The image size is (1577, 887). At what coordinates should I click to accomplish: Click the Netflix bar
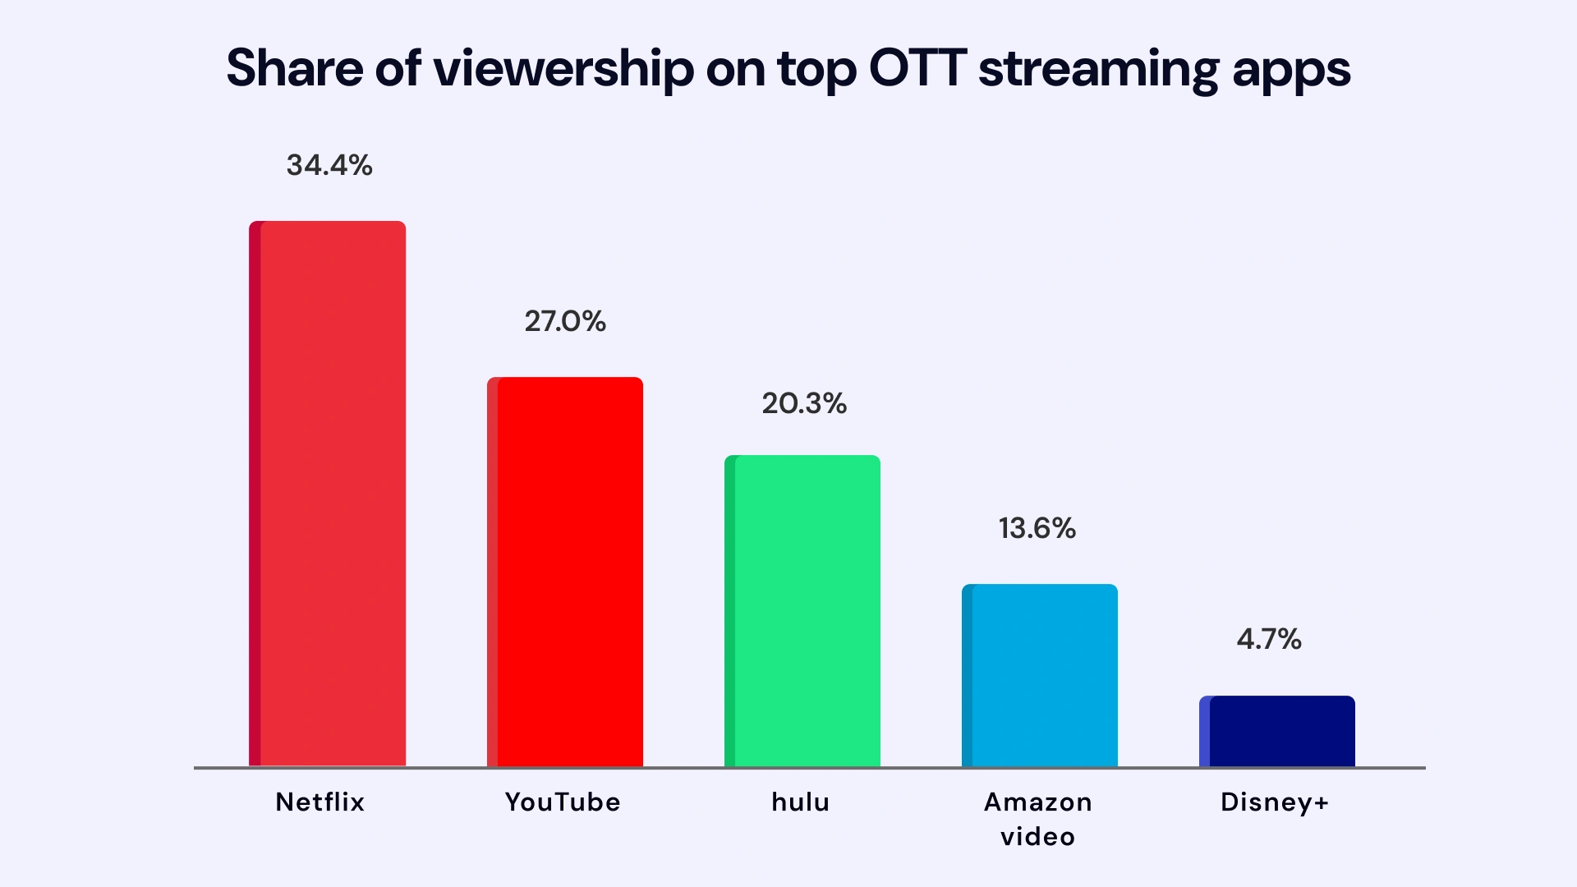328,493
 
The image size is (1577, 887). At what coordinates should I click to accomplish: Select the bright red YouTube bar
566,572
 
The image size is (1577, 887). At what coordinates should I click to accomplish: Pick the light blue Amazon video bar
1041,675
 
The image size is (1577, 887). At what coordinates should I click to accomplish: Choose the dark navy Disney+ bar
1278,731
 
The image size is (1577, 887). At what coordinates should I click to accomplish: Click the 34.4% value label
329,165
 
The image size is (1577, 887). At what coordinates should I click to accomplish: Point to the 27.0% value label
565,321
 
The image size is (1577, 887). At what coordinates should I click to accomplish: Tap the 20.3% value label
804,403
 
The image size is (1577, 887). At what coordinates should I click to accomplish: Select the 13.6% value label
1037,528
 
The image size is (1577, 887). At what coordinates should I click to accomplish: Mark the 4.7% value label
1269,639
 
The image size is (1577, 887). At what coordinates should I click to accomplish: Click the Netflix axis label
320,802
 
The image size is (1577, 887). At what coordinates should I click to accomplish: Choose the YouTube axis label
563,802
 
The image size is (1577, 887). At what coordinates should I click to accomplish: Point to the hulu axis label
801,802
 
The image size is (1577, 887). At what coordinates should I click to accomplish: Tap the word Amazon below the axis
1038,802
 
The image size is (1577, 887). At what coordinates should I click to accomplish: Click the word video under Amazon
1037,837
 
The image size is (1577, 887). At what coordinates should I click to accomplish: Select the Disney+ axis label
1275,802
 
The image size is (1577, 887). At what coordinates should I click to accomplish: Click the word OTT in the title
917,68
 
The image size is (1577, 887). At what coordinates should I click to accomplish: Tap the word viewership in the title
563,70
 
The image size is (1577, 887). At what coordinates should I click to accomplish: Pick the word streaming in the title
1098,70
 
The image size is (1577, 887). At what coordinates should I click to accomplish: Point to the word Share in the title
294,68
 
